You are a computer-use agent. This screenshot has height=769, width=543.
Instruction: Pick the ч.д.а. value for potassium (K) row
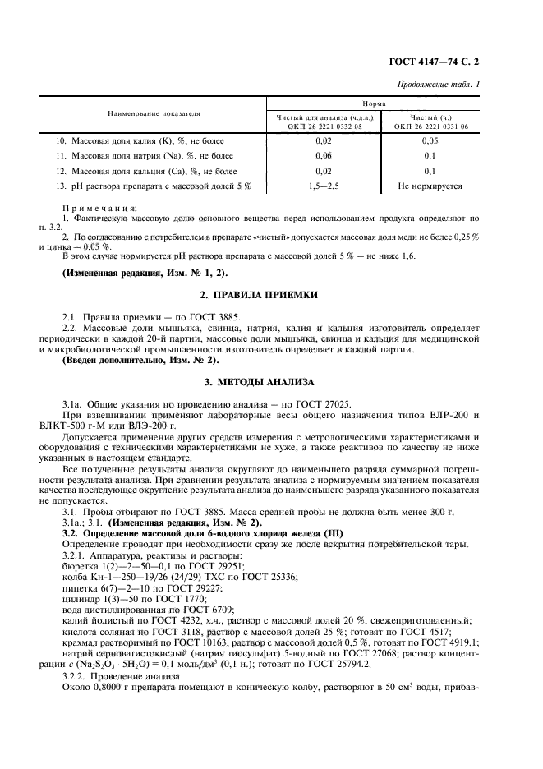(323, 141)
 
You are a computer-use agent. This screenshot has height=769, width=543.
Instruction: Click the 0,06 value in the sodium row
(323, 156)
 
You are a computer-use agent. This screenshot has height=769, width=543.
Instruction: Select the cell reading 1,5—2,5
(323, 186)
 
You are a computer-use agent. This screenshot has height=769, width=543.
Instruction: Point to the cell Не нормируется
(430, 186)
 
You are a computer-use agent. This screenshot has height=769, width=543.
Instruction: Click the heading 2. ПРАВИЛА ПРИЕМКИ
(270, 294)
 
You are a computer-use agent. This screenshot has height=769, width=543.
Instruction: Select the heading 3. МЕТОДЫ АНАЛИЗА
(270, 383)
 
